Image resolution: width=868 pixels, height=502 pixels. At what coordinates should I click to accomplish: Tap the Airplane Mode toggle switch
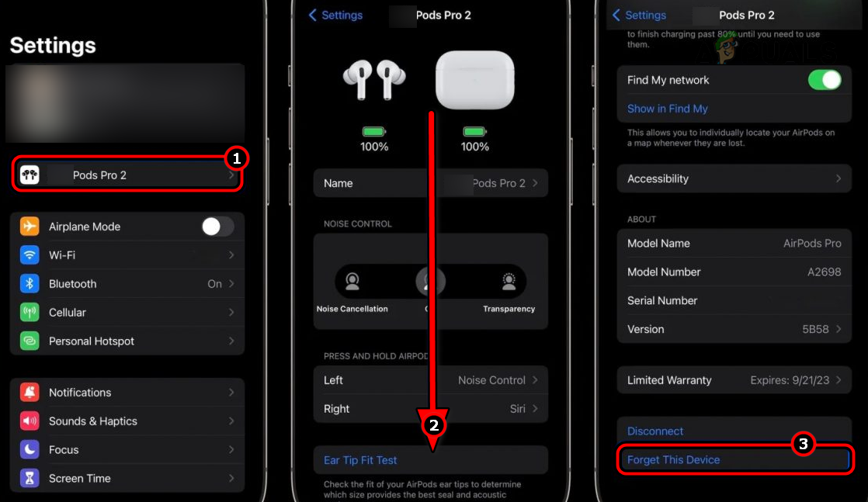click(217, 227)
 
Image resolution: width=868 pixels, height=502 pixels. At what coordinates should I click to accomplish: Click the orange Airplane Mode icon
click(30, 227)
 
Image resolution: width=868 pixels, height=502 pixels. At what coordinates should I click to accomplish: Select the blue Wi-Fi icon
click(30, 255)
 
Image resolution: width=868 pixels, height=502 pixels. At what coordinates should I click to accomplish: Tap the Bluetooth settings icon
click(30, 284)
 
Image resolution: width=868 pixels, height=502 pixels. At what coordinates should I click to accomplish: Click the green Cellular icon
click(30, 313)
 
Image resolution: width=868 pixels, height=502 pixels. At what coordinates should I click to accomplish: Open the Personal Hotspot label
click(92, 341)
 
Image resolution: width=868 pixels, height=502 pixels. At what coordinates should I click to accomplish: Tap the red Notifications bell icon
click(30, 393)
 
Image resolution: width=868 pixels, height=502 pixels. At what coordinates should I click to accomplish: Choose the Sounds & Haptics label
click(93, 421)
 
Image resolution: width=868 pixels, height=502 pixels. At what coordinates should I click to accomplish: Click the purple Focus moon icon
click(30, 450)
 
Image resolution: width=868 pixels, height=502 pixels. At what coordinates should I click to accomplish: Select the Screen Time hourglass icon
click(30, 479)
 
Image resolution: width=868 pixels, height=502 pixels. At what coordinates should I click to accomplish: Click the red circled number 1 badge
click(236, 159)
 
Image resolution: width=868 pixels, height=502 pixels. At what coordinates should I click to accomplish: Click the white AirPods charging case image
click(474, 80)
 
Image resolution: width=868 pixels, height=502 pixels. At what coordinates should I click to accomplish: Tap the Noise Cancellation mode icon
click(352, 282)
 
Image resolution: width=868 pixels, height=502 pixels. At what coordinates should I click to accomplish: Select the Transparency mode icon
click(509, 282)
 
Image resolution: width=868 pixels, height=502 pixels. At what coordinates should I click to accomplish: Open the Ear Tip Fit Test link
click(360, 460)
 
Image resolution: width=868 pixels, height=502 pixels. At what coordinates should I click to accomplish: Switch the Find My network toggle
click(825, 80)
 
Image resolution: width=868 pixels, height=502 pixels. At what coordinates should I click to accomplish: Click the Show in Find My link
click(668, 109)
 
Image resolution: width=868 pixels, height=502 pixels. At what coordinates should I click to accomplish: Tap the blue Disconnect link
click(655, 431)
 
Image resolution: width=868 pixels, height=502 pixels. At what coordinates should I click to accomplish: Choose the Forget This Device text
click(673, 460)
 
